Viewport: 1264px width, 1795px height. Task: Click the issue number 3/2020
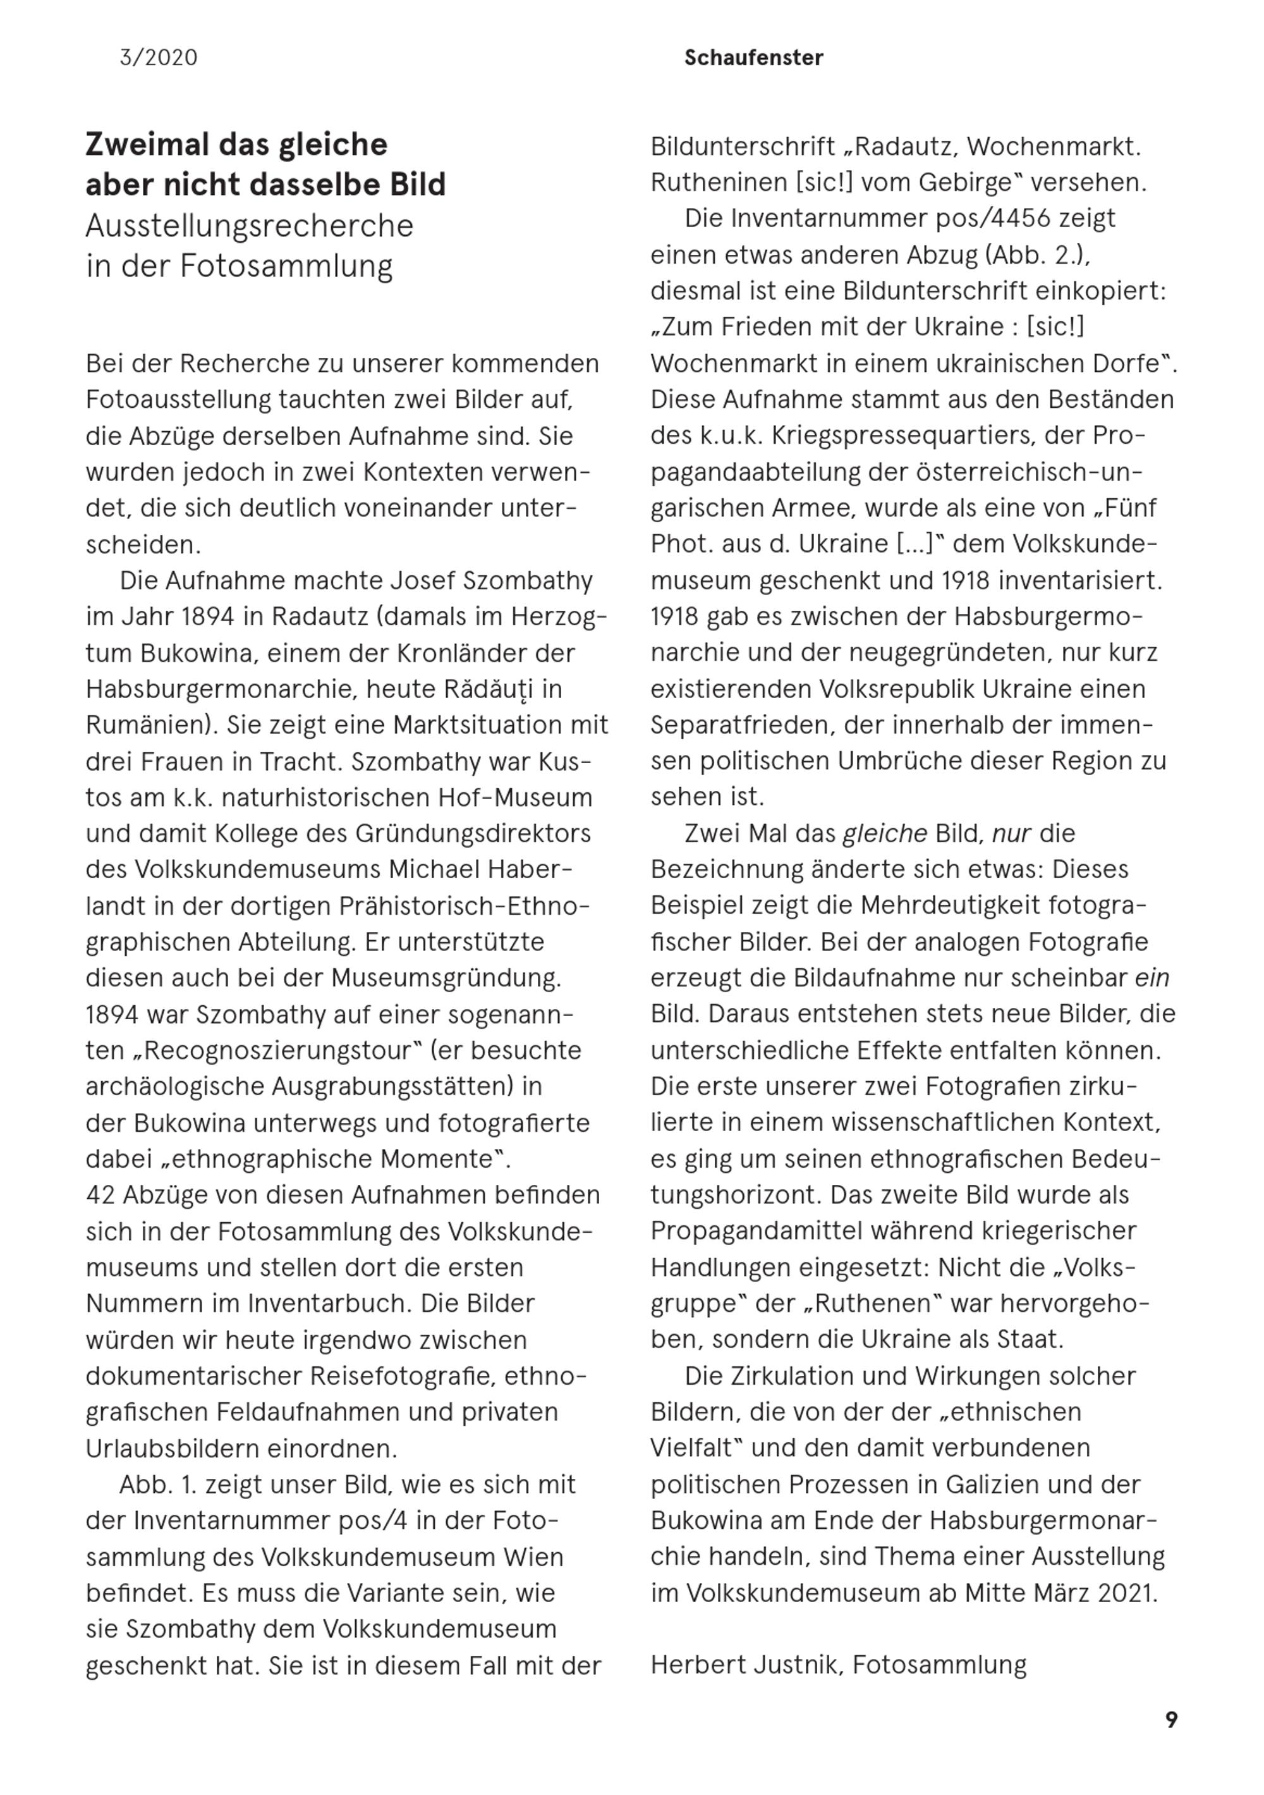159,58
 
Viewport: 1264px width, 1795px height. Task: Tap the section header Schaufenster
753,58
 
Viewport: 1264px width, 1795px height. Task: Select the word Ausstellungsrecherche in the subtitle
250,226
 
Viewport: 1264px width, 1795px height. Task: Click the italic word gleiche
884,833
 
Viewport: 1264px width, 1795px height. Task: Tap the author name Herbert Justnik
747,1665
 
